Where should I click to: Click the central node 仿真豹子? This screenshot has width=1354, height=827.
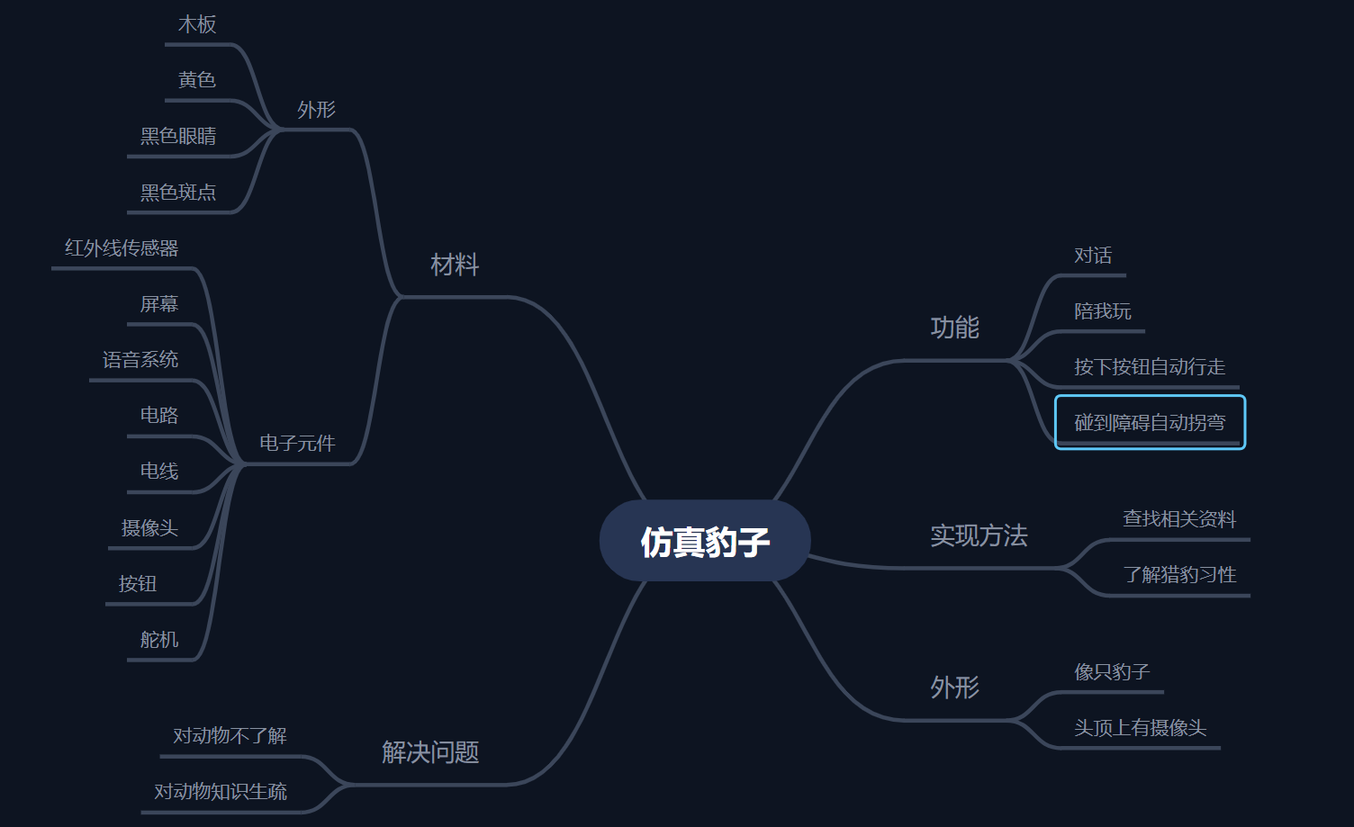coord(705,541)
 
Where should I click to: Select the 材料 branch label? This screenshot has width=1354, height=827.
coord(455,265)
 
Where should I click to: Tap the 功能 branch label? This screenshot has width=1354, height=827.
coord(954,328)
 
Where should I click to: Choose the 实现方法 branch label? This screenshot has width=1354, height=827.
coord(979,535)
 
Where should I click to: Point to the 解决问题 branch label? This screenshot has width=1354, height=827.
coord(430,752)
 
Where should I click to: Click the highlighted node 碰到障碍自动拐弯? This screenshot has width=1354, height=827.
coord(1150,422)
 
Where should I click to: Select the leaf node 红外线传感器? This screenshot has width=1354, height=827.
coord(122,248)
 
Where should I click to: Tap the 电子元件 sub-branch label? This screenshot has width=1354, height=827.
coord(297,444)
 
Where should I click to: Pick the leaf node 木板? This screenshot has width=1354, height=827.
coord(197,25)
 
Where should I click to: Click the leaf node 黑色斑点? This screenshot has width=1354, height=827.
coord(177,193)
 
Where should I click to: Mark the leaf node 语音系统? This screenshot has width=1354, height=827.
coord(140,360)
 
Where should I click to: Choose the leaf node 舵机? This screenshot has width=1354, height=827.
coord(159,640)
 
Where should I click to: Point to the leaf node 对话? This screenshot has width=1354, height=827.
coord(1093,256)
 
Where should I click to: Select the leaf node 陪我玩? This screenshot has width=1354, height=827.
coord(1103,311)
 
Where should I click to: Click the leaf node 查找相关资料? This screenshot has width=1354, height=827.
coord(1179,519)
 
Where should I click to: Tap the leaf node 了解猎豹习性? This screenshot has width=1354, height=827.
coord(1179,574)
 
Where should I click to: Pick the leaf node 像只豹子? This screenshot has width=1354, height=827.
coord(1112,671)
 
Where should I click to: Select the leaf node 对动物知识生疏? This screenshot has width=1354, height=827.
coord(220,792)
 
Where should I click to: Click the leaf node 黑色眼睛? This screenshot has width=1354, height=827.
coord(177,137)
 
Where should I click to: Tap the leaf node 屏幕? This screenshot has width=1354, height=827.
coord(159,304)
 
